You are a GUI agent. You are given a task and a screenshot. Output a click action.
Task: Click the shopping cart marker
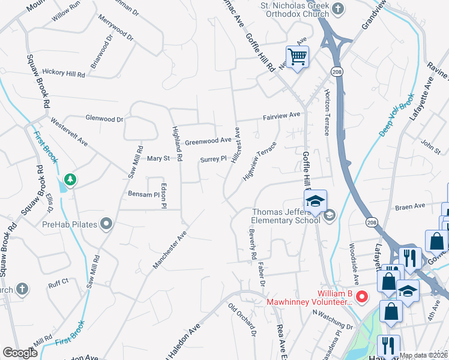click(297, 58)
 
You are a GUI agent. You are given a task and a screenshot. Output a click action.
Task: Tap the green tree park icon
click(70, 179)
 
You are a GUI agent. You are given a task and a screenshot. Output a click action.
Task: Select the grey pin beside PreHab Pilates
click(107, 225)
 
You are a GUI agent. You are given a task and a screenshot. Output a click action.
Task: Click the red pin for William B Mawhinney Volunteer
click(362, 296)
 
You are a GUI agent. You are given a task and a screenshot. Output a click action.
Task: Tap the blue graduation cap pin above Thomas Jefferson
click(314, 202)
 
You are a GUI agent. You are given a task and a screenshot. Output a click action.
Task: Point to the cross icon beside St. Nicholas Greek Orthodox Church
click(339, 8)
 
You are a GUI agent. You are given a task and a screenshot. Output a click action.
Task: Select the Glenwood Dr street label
click(104, 119)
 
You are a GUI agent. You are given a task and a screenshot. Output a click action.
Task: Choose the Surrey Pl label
click(213, 159)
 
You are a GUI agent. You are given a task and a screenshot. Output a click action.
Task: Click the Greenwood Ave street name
click(208, 142)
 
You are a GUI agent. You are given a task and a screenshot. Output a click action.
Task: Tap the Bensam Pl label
click(142, 194)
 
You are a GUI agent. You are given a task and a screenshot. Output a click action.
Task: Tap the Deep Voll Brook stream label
click(397, 114)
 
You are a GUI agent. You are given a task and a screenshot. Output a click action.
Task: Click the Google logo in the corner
click(20, 353)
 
